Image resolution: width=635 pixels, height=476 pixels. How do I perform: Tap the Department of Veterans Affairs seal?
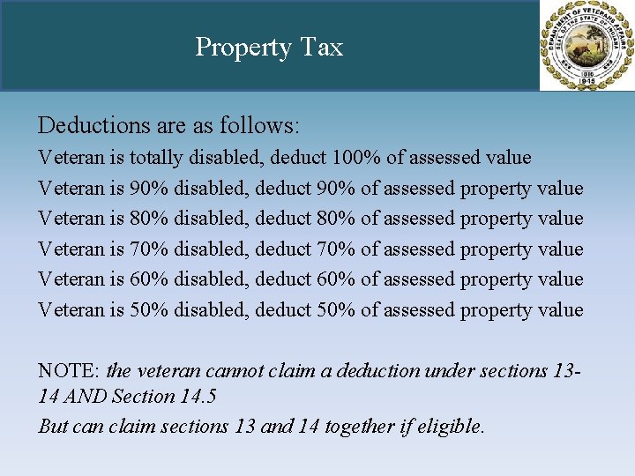586,46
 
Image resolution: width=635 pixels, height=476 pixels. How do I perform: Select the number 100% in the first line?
357,158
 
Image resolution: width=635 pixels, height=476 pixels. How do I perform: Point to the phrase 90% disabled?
189,189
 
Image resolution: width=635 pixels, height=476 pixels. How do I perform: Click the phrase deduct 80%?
305,219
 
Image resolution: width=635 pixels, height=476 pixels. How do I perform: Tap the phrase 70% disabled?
189,249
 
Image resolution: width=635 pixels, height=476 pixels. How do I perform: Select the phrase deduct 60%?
305,279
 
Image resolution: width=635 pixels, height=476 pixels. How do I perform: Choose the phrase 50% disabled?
189,310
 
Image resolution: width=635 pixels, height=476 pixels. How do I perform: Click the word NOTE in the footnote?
68,371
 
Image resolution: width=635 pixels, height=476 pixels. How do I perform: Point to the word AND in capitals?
86,397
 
